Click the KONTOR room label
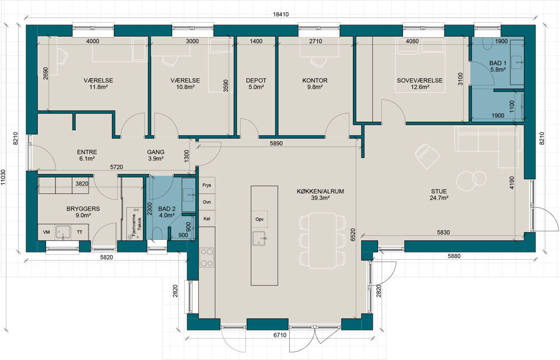[x=314, y=81]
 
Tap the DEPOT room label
[x=256, y=81]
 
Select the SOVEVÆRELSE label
[x=419, y=81]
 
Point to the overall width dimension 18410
[x=281, y=15]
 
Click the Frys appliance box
[x=206, y=186]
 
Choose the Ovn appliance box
[x=206, y=202]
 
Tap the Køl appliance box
[x=206, y=219]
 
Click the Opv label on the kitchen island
[x=260, y=219]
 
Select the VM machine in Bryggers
[x=47, y=232]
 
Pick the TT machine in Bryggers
[x=80, y=232]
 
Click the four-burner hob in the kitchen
[x=206, y=257]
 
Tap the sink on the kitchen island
[x=260, y=238]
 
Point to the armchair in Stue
[x=428, y=156]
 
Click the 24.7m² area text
[x=439, y=198]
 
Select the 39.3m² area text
[x=320, y=198]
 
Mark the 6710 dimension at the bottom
[x=280, y=335]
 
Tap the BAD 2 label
[x=167, y=209]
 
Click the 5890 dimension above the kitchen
[x=276, y=144]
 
